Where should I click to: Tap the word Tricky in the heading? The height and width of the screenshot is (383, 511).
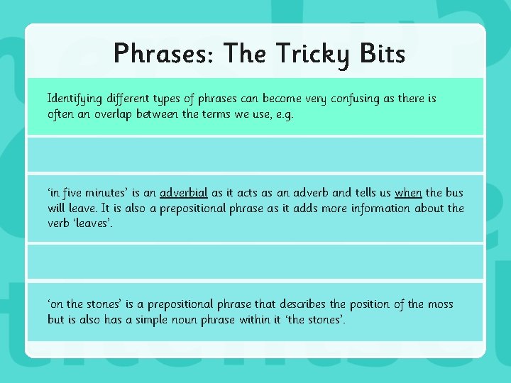[x=313, y=53]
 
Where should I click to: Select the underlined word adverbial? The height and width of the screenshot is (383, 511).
[x=184, y=193]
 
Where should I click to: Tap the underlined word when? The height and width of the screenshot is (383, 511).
[x=408, y=193]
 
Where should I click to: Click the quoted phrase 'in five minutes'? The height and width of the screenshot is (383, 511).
[x=87, y=193]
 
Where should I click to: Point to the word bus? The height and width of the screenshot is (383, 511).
[x=454, y=193]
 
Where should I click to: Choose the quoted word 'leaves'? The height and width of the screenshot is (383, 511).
[x=92, y=223]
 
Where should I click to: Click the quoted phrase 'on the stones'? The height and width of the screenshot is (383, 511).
[x=86, y=304]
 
